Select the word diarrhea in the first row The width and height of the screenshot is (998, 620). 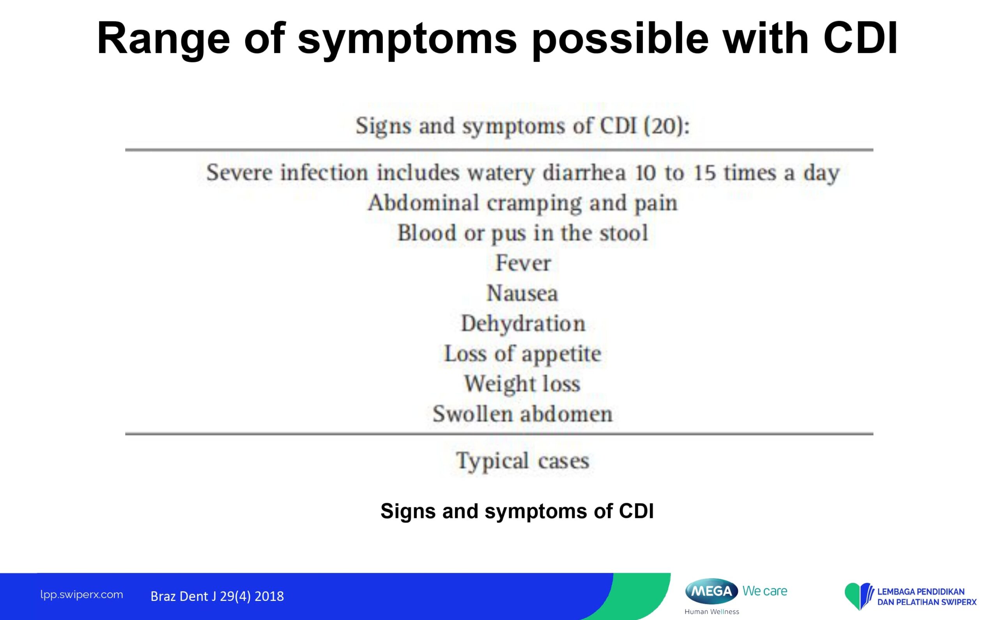[584, 173]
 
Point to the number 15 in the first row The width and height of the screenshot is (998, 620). [704, 173]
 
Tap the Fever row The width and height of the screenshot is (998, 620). [523, 263]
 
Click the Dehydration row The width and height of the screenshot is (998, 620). [523, 323]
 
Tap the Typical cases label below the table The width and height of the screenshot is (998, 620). [523, 461]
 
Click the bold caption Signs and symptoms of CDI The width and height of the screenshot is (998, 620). [517, 511]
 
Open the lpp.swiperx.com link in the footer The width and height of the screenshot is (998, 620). [81, 595]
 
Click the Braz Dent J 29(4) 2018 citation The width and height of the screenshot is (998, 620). [217, 596]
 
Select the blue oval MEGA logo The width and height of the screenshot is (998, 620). [712, 591]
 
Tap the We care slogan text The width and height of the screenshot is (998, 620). [764, 591]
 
